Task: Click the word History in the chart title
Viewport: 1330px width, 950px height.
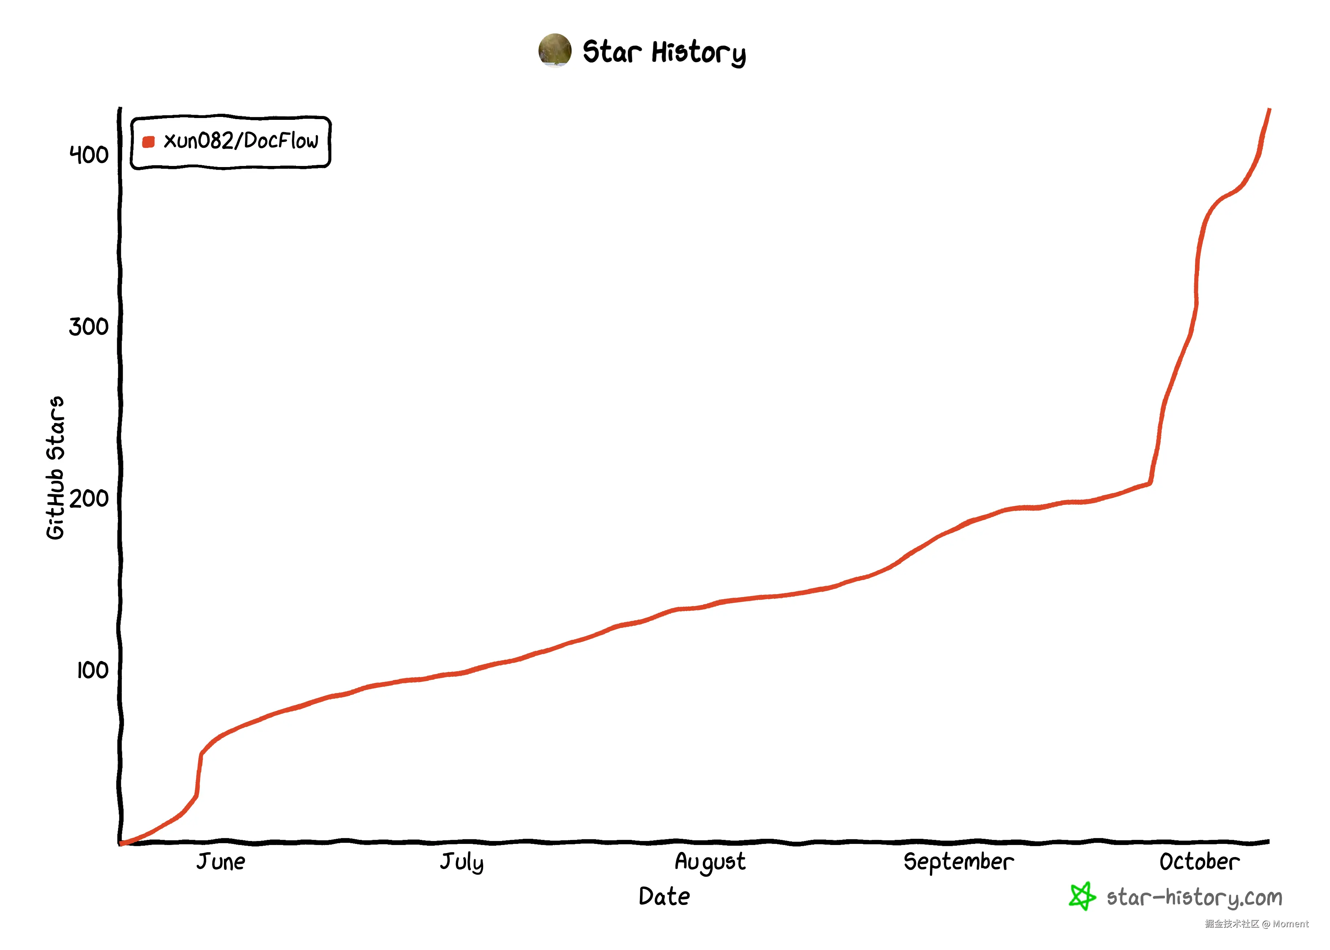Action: (x=699, y=53)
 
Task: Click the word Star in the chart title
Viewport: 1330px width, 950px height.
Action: (x=612, y=52)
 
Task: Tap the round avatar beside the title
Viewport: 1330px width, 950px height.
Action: (x=554, y=50)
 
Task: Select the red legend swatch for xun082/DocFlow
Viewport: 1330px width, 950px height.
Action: (x=148, y=142)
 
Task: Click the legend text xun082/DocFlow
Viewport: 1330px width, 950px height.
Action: (x=241, y=141)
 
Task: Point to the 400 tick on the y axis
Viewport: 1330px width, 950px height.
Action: (x=89, y=155)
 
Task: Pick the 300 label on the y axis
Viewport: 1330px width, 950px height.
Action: (x=89, y=326)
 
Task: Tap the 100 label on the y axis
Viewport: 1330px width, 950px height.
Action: (x=92, y=670)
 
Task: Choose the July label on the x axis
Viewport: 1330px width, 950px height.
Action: (x=461, y=862)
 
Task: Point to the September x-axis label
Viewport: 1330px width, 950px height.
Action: (x=958, y=862)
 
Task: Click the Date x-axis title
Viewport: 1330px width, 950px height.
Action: (x=664, y=897)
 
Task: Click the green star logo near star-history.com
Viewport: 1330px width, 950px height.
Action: (x=1082, y=896)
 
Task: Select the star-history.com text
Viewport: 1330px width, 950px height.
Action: (x=1194, y=897)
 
